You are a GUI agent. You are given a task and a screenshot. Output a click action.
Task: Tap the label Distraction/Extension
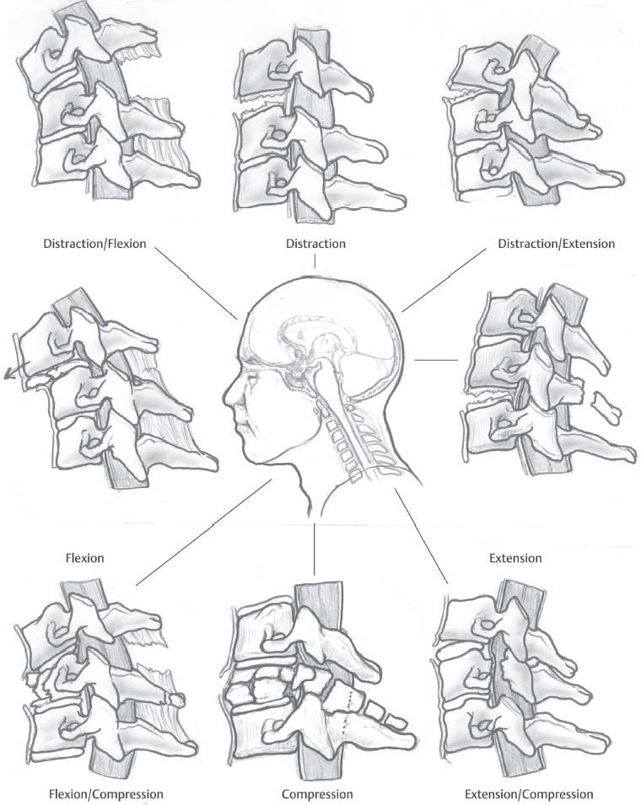556,244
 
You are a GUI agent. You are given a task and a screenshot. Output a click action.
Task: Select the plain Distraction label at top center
316,244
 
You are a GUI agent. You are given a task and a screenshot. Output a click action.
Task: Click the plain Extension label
515,558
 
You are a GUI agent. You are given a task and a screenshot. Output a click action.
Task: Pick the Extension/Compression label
529,794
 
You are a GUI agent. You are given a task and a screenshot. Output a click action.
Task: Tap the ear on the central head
319,411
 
